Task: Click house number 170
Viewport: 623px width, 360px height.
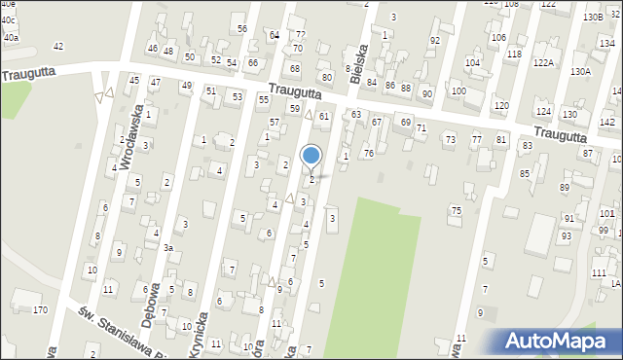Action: point(40,310)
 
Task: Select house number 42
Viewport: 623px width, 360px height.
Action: point(58,47)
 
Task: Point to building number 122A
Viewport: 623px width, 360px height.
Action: point(543,62)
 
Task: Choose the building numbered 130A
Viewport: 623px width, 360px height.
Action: point(580,71)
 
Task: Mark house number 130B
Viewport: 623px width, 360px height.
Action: point(592,18)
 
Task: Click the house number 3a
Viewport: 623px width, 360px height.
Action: point(167,248)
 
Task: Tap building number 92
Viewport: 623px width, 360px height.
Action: point(435,40)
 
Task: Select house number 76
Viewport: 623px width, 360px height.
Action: point(369,154)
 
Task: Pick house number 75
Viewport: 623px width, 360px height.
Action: point(456,211)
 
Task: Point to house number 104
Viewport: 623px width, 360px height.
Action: point(472,62)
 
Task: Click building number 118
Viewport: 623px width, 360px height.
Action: point(513,54)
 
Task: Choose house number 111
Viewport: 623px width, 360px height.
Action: point(598,273)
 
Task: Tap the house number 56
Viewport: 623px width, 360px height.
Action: point(241,29)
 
